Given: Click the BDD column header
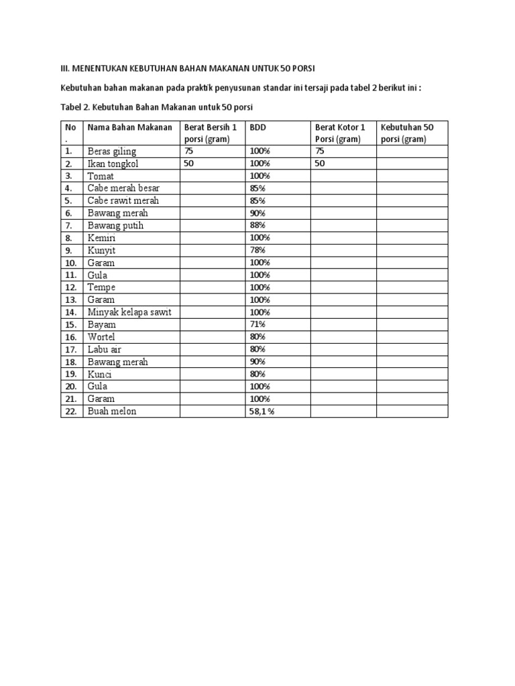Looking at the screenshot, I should coord(258,127).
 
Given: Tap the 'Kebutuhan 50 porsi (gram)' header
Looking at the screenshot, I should coord(407,133).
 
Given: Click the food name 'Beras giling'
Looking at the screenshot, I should coord(111,151).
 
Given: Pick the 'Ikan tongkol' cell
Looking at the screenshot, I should coord(113,163).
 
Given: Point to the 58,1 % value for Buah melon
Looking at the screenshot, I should coord(262,411).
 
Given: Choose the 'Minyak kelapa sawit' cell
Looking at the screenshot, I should coord(127,312).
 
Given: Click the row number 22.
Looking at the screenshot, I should coord(70,411).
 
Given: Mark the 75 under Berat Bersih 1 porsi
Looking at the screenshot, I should coord(188,151).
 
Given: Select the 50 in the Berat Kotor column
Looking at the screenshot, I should coord(320,163).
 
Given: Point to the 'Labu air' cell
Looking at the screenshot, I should coord(104,350).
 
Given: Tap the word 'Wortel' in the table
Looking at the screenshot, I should coord(102,337).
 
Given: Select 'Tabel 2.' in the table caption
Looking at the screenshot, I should coord(75,107).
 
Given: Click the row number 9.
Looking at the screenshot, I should coord(68,251).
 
